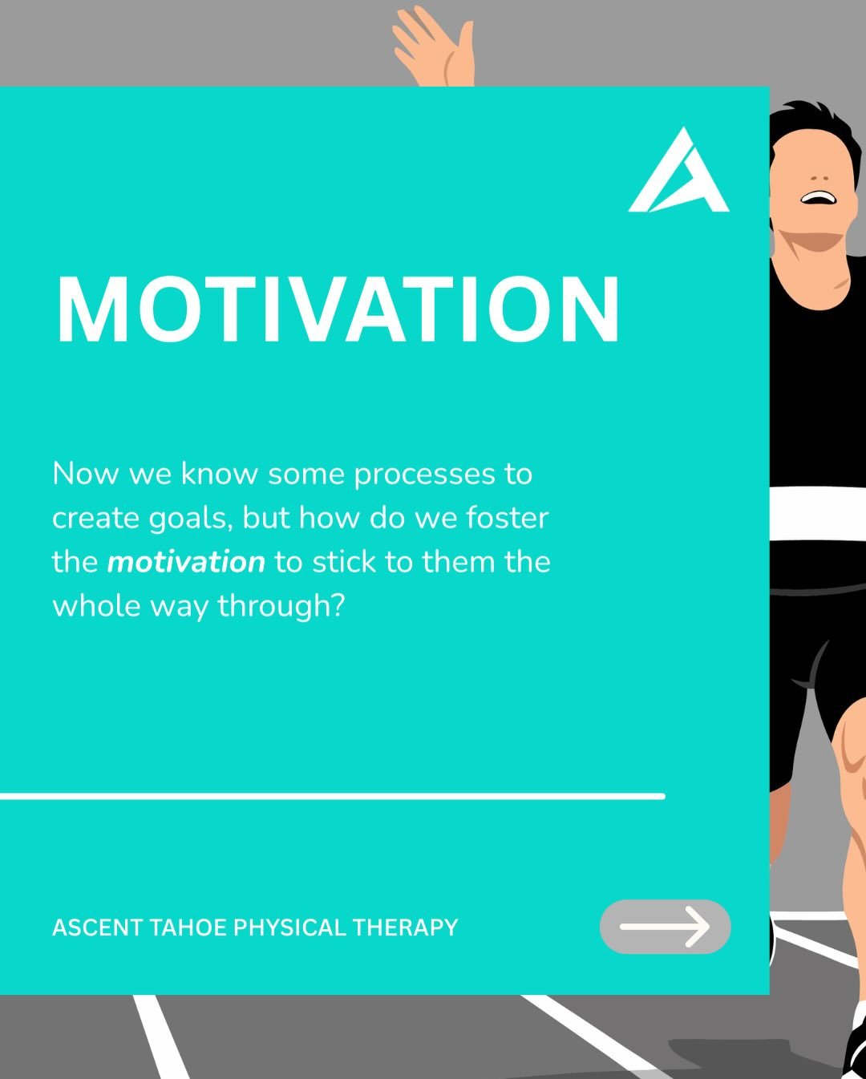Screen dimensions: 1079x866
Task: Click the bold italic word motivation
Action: pos(186,562)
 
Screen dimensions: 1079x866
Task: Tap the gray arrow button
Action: pos(665,927)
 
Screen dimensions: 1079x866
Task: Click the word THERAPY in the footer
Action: pos(405,927)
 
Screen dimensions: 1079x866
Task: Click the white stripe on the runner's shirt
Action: pos(817,513)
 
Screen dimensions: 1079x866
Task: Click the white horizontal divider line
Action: pos(332,796)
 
